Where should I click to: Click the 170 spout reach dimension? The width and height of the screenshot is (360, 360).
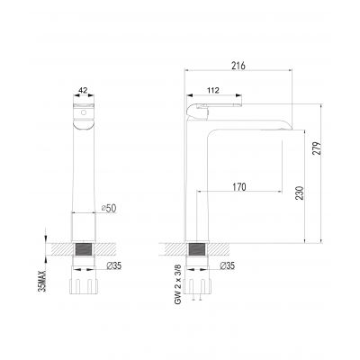[238, 187]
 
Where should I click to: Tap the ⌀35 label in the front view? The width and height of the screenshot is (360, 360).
[114, 265]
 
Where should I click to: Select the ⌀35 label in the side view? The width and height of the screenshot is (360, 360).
[228, 265]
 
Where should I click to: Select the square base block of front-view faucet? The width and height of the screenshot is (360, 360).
[84, 225]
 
